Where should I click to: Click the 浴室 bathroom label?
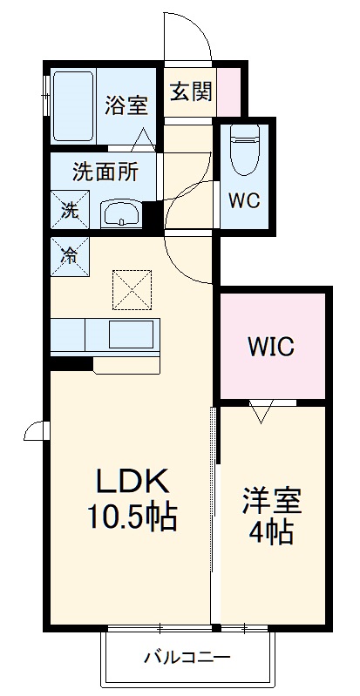coord(126,105)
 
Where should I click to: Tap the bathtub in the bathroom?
coord(73,105)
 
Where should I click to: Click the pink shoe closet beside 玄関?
coord(228,91)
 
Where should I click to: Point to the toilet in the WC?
coord(245,148)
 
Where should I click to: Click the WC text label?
coord(244,201)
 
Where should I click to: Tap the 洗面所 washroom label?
coord(105,172)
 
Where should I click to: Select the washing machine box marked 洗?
coord(70,210)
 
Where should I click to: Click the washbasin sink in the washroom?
coord(121,214)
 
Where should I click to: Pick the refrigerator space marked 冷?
coord(70,256)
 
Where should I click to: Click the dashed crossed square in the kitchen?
coord(132,290)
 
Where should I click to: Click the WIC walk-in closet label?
coord(271,347)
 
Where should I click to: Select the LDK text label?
coord(132,483)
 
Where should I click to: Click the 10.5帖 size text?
coord(132,517)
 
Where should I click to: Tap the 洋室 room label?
coord(272,501)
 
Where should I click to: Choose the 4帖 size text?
coord(271,532)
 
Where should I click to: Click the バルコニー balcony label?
coord(187,657)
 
